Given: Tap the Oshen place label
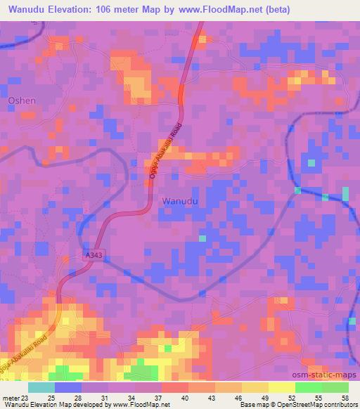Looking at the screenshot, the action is click(x=21, y=100).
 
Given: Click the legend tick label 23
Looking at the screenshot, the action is click(x=28, y=398).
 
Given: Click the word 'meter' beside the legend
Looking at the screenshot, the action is click(x=10, y=398).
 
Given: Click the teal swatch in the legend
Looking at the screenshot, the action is click(x=41, y=387).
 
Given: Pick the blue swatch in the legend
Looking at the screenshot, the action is click(x=68, y=387).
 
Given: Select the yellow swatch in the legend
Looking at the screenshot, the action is click(x=281, y=387).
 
